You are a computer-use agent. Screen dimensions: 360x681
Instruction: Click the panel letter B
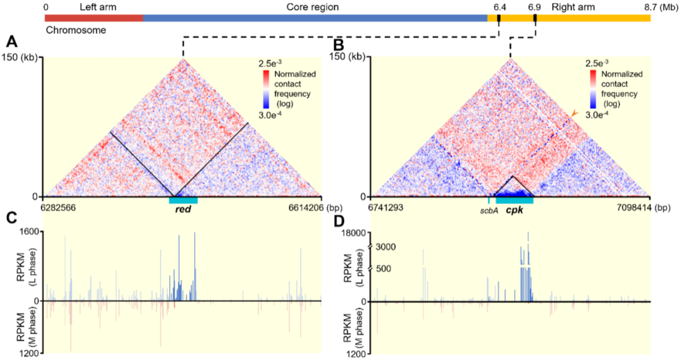(x=338, y=45)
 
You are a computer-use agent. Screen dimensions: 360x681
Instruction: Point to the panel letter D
(x=338, y=221)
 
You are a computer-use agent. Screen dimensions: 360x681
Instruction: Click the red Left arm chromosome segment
(x=94, y=18)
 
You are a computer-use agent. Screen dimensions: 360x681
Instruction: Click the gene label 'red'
(x=183, y=209)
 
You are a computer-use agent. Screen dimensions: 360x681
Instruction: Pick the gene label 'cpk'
(x=513, y=209)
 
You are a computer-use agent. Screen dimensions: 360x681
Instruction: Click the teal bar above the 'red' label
(x=183, y=200)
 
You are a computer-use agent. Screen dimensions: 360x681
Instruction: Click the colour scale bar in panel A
(x=265, y=91)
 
